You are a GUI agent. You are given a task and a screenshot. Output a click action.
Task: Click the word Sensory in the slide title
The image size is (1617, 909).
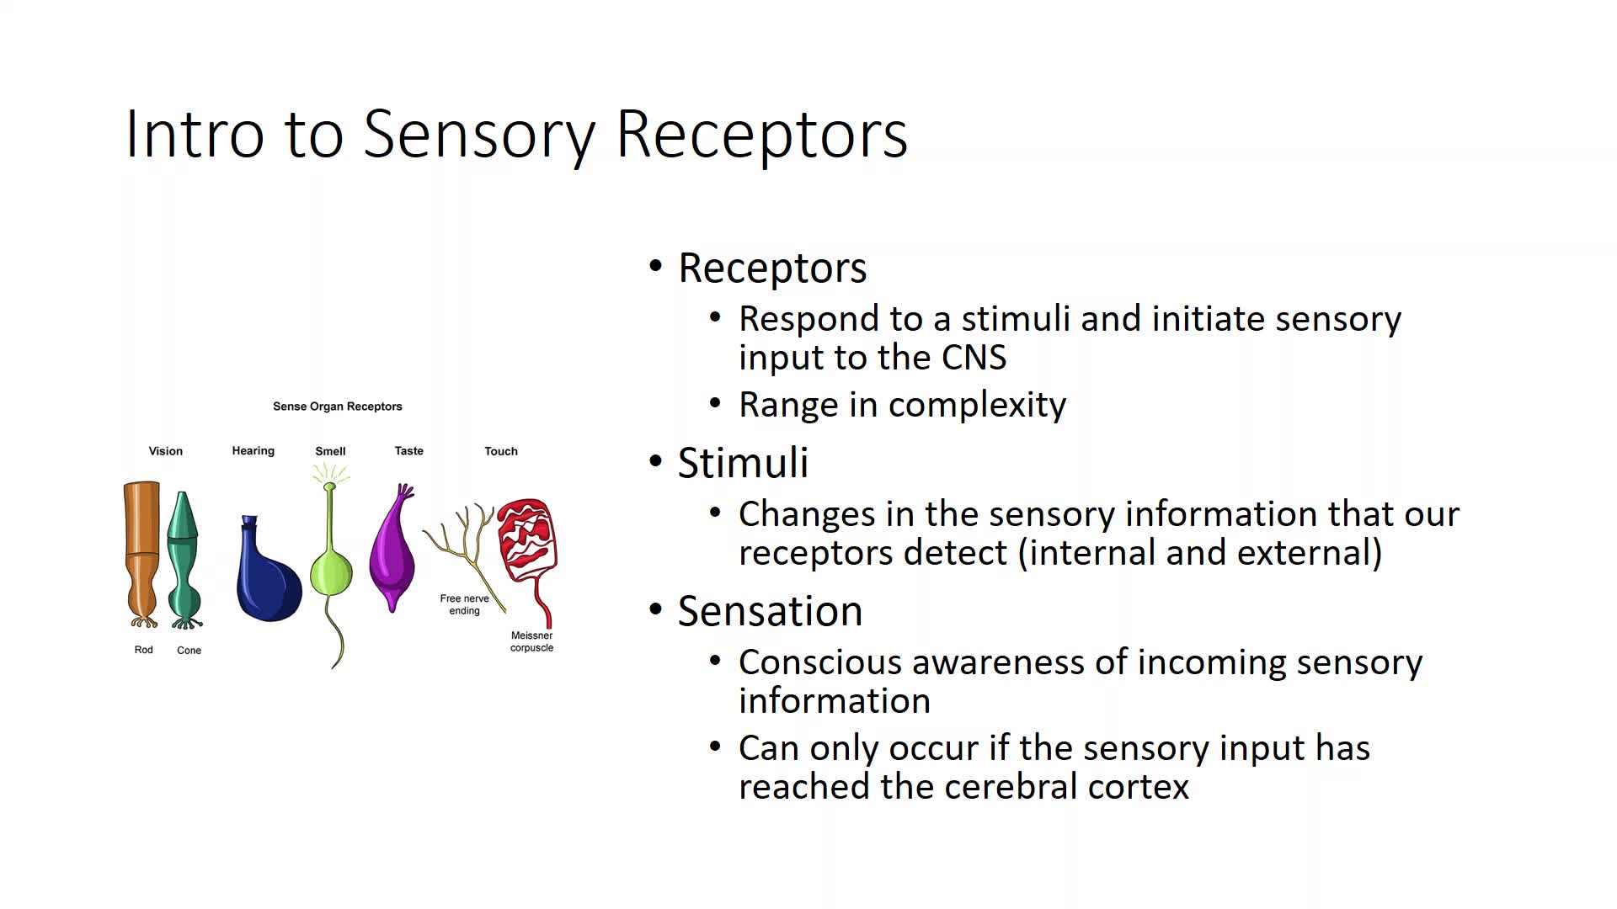tap(479, 135)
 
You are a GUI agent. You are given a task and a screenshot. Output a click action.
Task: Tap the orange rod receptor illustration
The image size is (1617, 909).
tap(141, 547)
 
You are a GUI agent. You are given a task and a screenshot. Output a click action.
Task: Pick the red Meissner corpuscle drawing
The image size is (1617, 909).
tap(526, 539)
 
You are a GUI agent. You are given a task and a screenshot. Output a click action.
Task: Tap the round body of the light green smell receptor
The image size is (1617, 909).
tap(331, 572)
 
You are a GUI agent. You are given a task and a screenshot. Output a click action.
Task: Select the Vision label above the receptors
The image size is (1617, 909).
tap(166, 451)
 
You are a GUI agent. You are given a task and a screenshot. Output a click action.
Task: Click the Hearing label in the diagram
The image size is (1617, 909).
tap(253, 451)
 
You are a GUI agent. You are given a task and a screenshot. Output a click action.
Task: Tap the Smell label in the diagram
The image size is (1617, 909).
tap(330, 451)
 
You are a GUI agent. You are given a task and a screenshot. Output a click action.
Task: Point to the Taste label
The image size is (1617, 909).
tap(409, 451)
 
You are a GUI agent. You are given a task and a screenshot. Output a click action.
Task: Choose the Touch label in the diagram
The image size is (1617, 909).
tap(501, 451)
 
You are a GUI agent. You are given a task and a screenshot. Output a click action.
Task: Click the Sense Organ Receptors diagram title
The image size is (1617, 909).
tap(338, 407)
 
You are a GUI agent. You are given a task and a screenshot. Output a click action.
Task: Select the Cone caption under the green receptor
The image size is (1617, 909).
tap(189, 651)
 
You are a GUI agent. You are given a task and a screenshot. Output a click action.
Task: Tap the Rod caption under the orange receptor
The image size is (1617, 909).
tap(144, 650)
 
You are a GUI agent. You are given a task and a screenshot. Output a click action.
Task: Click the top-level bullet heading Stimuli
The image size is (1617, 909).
tap(743, 463)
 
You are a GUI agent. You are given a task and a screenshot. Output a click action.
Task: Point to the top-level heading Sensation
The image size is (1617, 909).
tap(770, 611)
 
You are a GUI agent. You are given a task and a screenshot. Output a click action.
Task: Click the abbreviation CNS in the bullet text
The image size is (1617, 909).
tap(974, 358)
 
